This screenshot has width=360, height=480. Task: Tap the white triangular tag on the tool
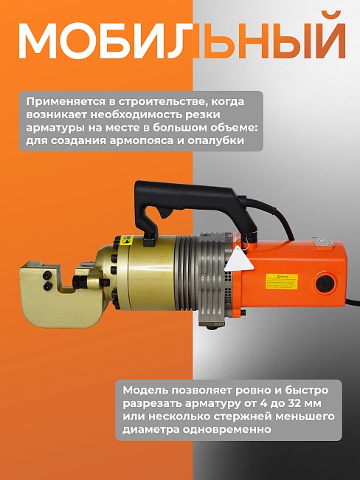[238, 262]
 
